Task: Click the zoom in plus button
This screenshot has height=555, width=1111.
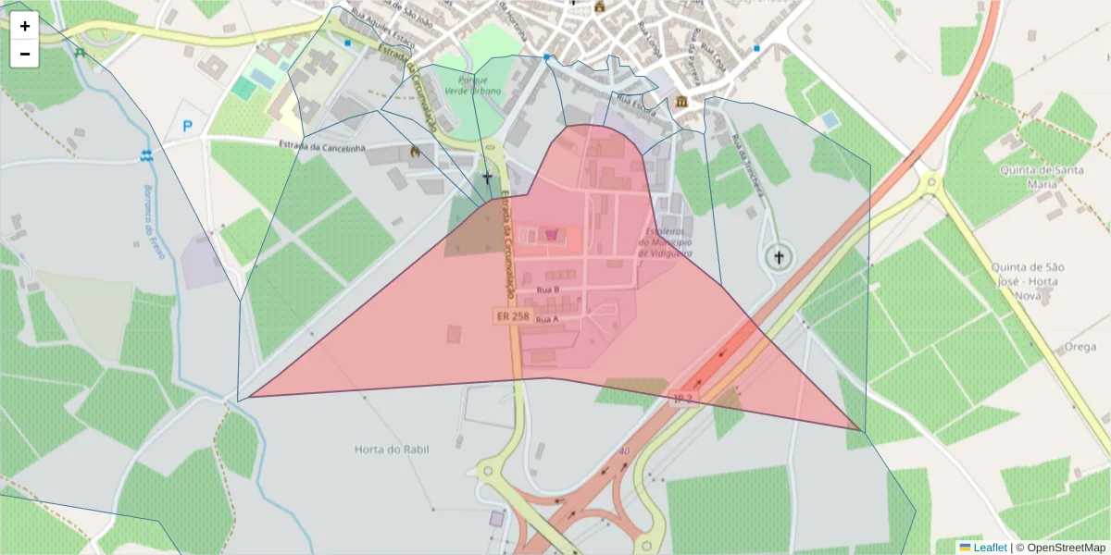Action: tap(25, 26)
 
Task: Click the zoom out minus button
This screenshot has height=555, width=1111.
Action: tap(25, 54)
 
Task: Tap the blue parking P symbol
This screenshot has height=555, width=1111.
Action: tap(187, 127)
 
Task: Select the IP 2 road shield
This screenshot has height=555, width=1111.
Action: tap(683, 399)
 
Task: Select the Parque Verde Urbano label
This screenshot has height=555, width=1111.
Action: tap(473, 86)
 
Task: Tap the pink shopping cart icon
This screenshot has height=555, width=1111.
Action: tap(554, 235)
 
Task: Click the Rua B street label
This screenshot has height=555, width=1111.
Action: tap(548, 290)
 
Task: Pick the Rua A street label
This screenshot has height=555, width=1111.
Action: tap(547, 319)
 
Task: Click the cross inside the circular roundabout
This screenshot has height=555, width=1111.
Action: tap(779, 256)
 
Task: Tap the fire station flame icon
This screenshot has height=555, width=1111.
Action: tap(415, 151)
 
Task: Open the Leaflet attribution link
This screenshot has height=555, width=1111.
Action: tap(990, 548)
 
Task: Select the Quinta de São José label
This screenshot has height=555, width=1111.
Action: tap(1028, 274)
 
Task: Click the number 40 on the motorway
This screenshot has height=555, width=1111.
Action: tap(625, 451)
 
